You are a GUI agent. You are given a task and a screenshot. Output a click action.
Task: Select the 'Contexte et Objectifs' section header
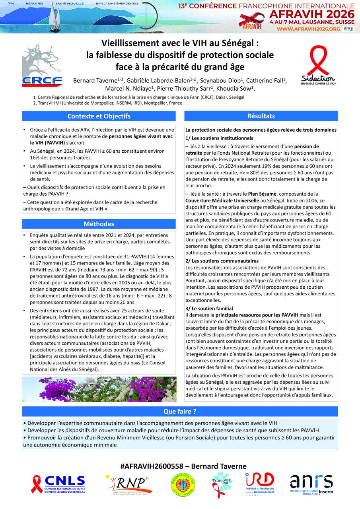pyautogui.click(x=99, y=116)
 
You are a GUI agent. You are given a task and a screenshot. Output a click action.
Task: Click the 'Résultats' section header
pyautogui.click(x=261, y=116)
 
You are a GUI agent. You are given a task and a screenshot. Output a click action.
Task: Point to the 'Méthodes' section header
pyautogui.click(x=99, y=224)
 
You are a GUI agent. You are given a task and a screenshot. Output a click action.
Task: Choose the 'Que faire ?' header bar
pyautogui.click(x=180, y=411)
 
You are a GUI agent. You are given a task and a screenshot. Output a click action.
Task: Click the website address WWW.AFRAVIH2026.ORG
pyautogui.click(x=308, y=29)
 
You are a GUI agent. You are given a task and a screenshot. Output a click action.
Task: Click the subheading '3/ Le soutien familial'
pyautogui.click(x=209, y=309)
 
